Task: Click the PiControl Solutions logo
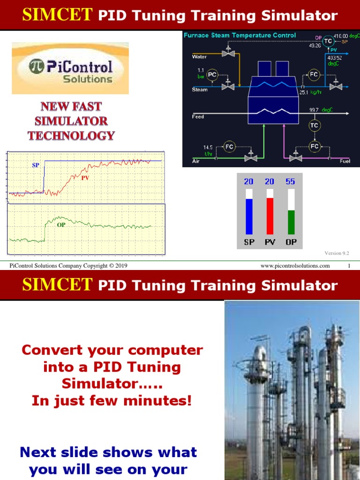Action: pyautogui.click(x=70, y=68)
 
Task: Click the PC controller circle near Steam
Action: pyautogui.click(x=212, y=75)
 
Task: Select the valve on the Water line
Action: pyautogui.click(x=228, y=54)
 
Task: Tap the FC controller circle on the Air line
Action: pyautogui.click(x=229, y=146)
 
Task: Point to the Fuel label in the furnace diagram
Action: pyautogui.click(x=345, y=161)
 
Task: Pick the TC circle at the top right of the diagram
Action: pyautogui.click(x=328, y=41)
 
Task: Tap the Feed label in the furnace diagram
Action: pyautogui.click(x=198, y=117)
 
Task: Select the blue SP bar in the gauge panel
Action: pyautogui.click(x=249, y=216)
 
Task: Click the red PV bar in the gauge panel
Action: pyautogui.click(x=270, y=216)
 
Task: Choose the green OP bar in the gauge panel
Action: pyautogui.click(x=291, y=222)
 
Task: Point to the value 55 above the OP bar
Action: pyautogui.click(x=290, y=181)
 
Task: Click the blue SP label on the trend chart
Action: pyautogui.click(x=36, y=165)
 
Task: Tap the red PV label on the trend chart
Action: pyautogui.click(x=85, y=178)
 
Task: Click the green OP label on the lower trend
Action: pyautogui.click(x=61, y=225)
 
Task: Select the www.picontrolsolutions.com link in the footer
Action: pyautogui.click(x=295, y=266)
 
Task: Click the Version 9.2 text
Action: pyautogui.click(x=337, y=253)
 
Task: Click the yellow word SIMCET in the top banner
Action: pyautogui.click(x=57, y=15)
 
